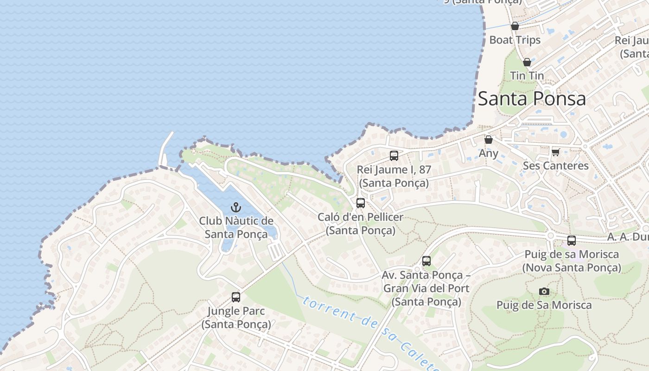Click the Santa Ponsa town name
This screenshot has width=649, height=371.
532,99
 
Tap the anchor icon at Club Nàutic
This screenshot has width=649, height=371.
236,207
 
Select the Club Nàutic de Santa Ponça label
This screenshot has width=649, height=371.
236,227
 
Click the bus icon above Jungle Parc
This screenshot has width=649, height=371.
236,297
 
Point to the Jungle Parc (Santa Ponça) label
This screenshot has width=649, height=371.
236,317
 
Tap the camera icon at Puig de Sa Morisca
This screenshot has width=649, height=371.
544,291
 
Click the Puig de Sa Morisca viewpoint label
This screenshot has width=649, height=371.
544,305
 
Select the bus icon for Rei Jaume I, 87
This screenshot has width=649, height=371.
394,156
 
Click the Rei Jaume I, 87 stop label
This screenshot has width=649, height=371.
394,176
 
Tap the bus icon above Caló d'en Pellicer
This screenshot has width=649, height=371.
361,203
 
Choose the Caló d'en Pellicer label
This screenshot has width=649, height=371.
361,223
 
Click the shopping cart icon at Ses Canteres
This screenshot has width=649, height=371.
556,152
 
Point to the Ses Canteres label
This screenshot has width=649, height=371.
556,166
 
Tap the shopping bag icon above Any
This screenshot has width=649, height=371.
489,139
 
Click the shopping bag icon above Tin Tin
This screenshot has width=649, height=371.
527,62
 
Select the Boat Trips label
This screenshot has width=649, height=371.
515,40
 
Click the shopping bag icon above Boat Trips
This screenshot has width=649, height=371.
515,26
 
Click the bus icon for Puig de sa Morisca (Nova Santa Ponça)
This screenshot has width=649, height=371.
572,241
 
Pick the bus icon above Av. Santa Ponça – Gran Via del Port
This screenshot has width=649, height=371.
426,261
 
